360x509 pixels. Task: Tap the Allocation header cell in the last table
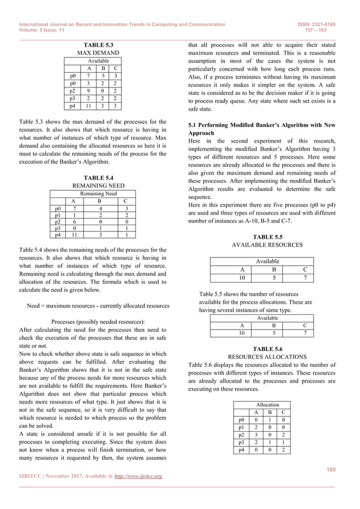pyautogui.click(x=267, y=405)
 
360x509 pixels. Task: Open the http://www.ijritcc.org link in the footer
pyautogui.click(x=138, y=477)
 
